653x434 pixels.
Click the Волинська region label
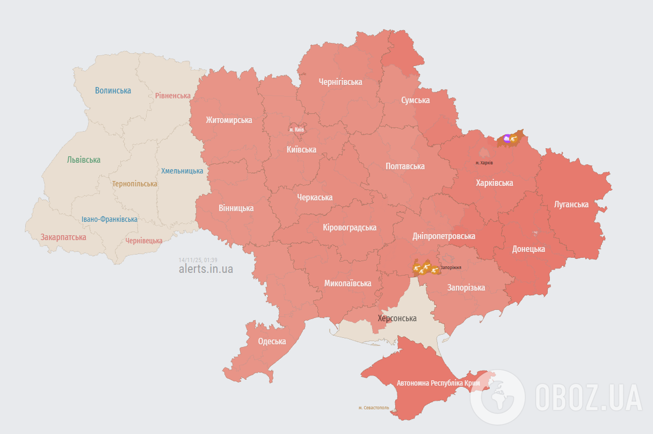click(x=113, y=90)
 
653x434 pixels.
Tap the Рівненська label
click(x=172, y=96)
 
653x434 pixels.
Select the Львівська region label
click(x=83, y=160)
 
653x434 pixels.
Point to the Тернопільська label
click(x=134, y=184)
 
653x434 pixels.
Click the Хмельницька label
click(x=182, y=171)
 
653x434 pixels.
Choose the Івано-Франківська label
click(x=109, y=219)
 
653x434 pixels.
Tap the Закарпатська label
click(x=63, y=237)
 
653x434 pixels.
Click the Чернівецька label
click(x=143, y=241)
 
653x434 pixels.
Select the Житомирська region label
click(x=229, y=120)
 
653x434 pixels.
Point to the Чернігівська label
click(x=340, y=82)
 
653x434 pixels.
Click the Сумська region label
click(x=415, y=100)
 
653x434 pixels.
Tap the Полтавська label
click(x=405, y=167)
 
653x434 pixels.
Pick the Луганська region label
click(x=571, y=204)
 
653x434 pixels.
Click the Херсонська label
click(x=397, y=318)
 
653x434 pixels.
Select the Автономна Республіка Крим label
click(x=438, y=384)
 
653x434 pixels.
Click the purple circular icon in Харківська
click(x=506, y=139)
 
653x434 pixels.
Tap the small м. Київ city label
click(x=297, y=129)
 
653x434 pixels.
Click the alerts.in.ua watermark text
click(x=206, y=269)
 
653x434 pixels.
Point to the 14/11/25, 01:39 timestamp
click(x=198, y=259)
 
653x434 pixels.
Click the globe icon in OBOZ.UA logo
click(x=497, y=397)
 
